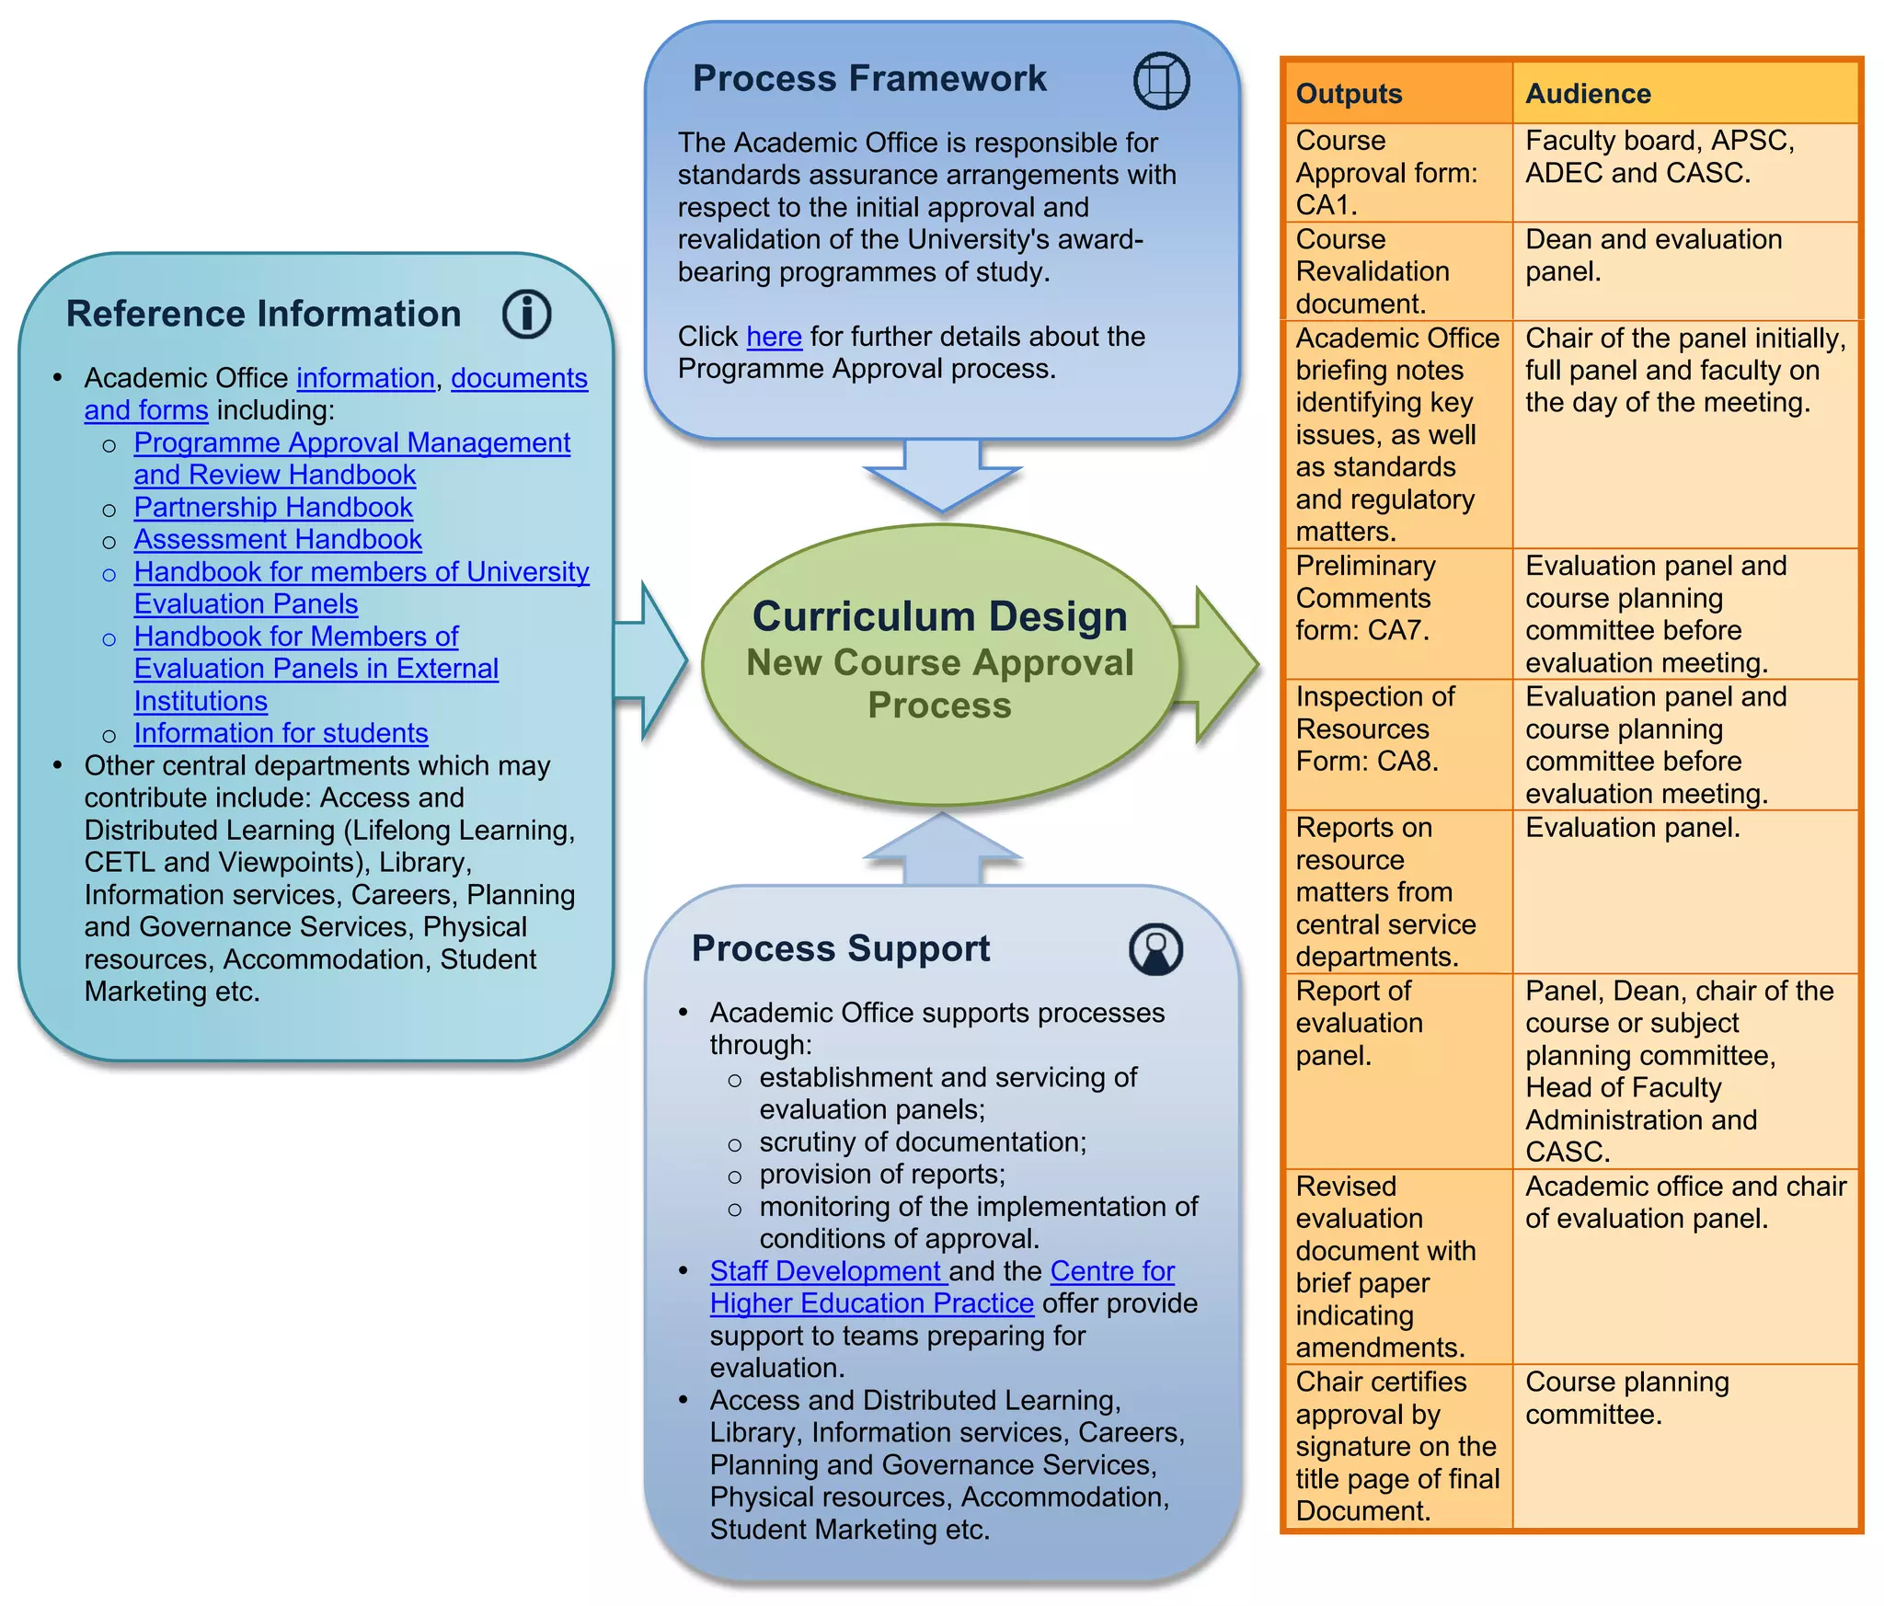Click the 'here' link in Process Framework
tap(774, 337)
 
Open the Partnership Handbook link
tap(273, 507)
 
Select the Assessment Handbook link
tap(278, 539)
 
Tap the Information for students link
tap(281, 733)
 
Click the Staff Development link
tap(826, 1271)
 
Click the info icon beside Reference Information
tap(526, 314)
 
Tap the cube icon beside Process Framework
tap(1161, 81)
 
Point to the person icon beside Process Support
tap(1155, 949)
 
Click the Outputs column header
tap(1349, 94)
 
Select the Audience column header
tap(1588, 94)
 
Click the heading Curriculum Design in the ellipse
tap(939, 616)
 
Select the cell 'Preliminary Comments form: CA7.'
tap(1364, 598)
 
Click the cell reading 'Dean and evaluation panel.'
tap(1653, 255)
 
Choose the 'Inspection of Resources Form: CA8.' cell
tap(1374, 728)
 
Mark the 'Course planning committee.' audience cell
tap(1626, 1398)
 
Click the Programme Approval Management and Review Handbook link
tap(351, 458)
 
